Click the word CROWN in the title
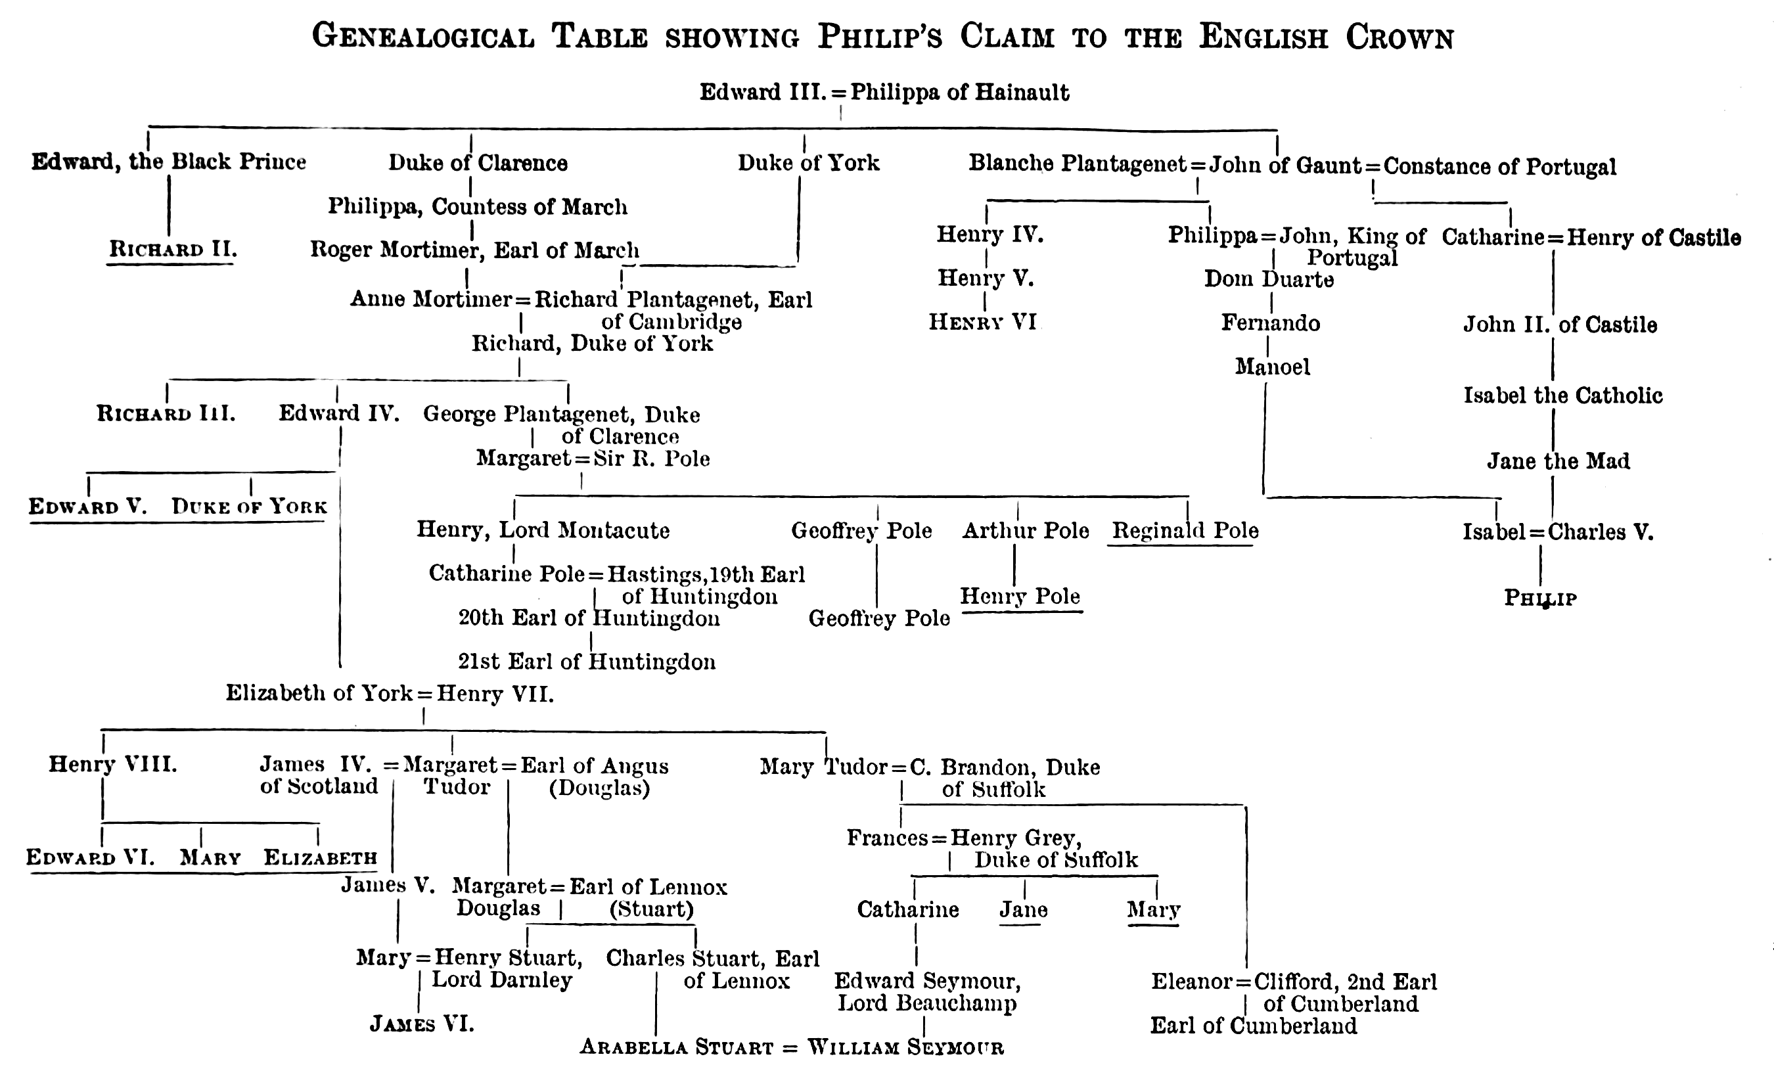point(1399,37)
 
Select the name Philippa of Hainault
point(960,93)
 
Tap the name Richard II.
point(173,249)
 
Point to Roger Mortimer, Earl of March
point(474,250)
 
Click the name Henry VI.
point(983,322)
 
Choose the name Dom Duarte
point(1269,279)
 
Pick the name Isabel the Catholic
point(1563,396)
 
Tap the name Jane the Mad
point(1558,461)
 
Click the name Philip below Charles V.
point(1540,599)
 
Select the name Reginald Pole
point(1185,531)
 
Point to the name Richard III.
point(166,414)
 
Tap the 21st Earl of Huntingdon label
point(587,662)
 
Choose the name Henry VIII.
point(113,764)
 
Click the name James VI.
point(422,1023)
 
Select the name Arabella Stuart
point(677,1047)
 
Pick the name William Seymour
point(905,1047)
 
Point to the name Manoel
point(1272,367)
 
